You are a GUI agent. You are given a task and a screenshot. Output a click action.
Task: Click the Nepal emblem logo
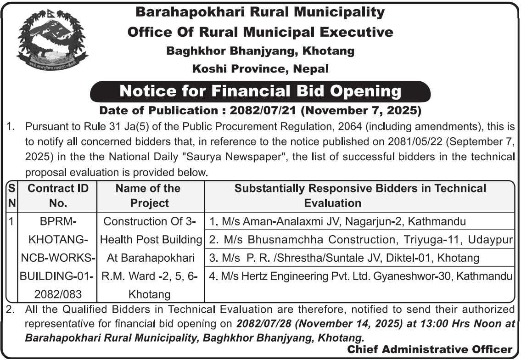click(51, 40)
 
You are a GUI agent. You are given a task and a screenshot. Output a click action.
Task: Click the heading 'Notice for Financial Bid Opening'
click(260, 91)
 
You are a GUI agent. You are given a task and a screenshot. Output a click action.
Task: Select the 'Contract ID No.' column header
click(58, 195)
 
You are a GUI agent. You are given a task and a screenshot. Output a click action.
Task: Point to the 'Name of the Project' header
click(148, 195)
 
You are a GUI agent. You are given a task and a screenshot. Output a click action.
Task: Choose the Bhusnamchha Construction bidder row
click(360, 239)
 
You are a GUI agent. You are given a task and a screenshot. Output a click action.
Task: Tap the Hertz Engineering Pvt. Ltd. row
click(360, 276)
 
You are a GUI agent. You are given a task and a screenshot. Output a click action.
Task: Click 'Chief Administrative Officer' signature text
click(429, 349)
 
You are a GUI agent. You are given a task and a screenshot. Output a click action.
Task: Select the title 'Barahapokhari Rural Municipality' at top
click(260, 12)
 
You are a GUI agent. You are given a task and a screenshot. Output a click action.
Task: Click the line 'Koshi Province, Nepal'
click(260, 69)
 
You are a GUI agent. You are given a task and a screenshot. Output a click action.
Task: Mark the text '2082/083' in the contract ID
click(58, 294)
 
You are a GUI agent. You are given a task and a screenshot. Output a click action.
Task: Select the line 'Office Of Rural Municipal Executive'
click(260, 32)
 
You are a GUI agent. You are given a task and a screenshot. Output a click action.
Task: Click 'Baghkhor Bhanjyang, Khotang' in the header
click(260, 51)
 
